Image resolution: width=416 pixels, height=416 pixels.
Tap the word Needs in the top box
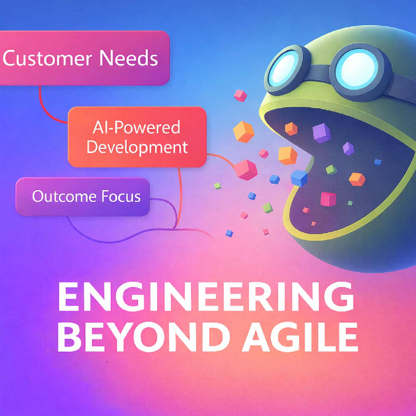[x=128, y=58]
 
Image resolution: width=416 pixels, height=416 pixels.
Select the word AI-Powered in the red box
[x=136, y=128]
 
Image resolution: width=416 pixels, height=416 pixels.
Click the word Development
[x=137, y=147]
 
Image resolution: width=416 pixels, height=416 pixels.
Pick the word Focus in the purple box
[x=121, y=196]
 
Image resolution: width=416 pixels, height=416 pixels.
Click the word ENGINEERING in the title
[x=206, y=297]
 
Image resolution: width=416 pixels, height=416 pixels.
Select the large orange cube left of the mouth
[x=244, y=131]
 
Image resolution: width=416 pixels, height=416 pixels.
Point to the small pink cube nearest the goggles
[x=240, y=96]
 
